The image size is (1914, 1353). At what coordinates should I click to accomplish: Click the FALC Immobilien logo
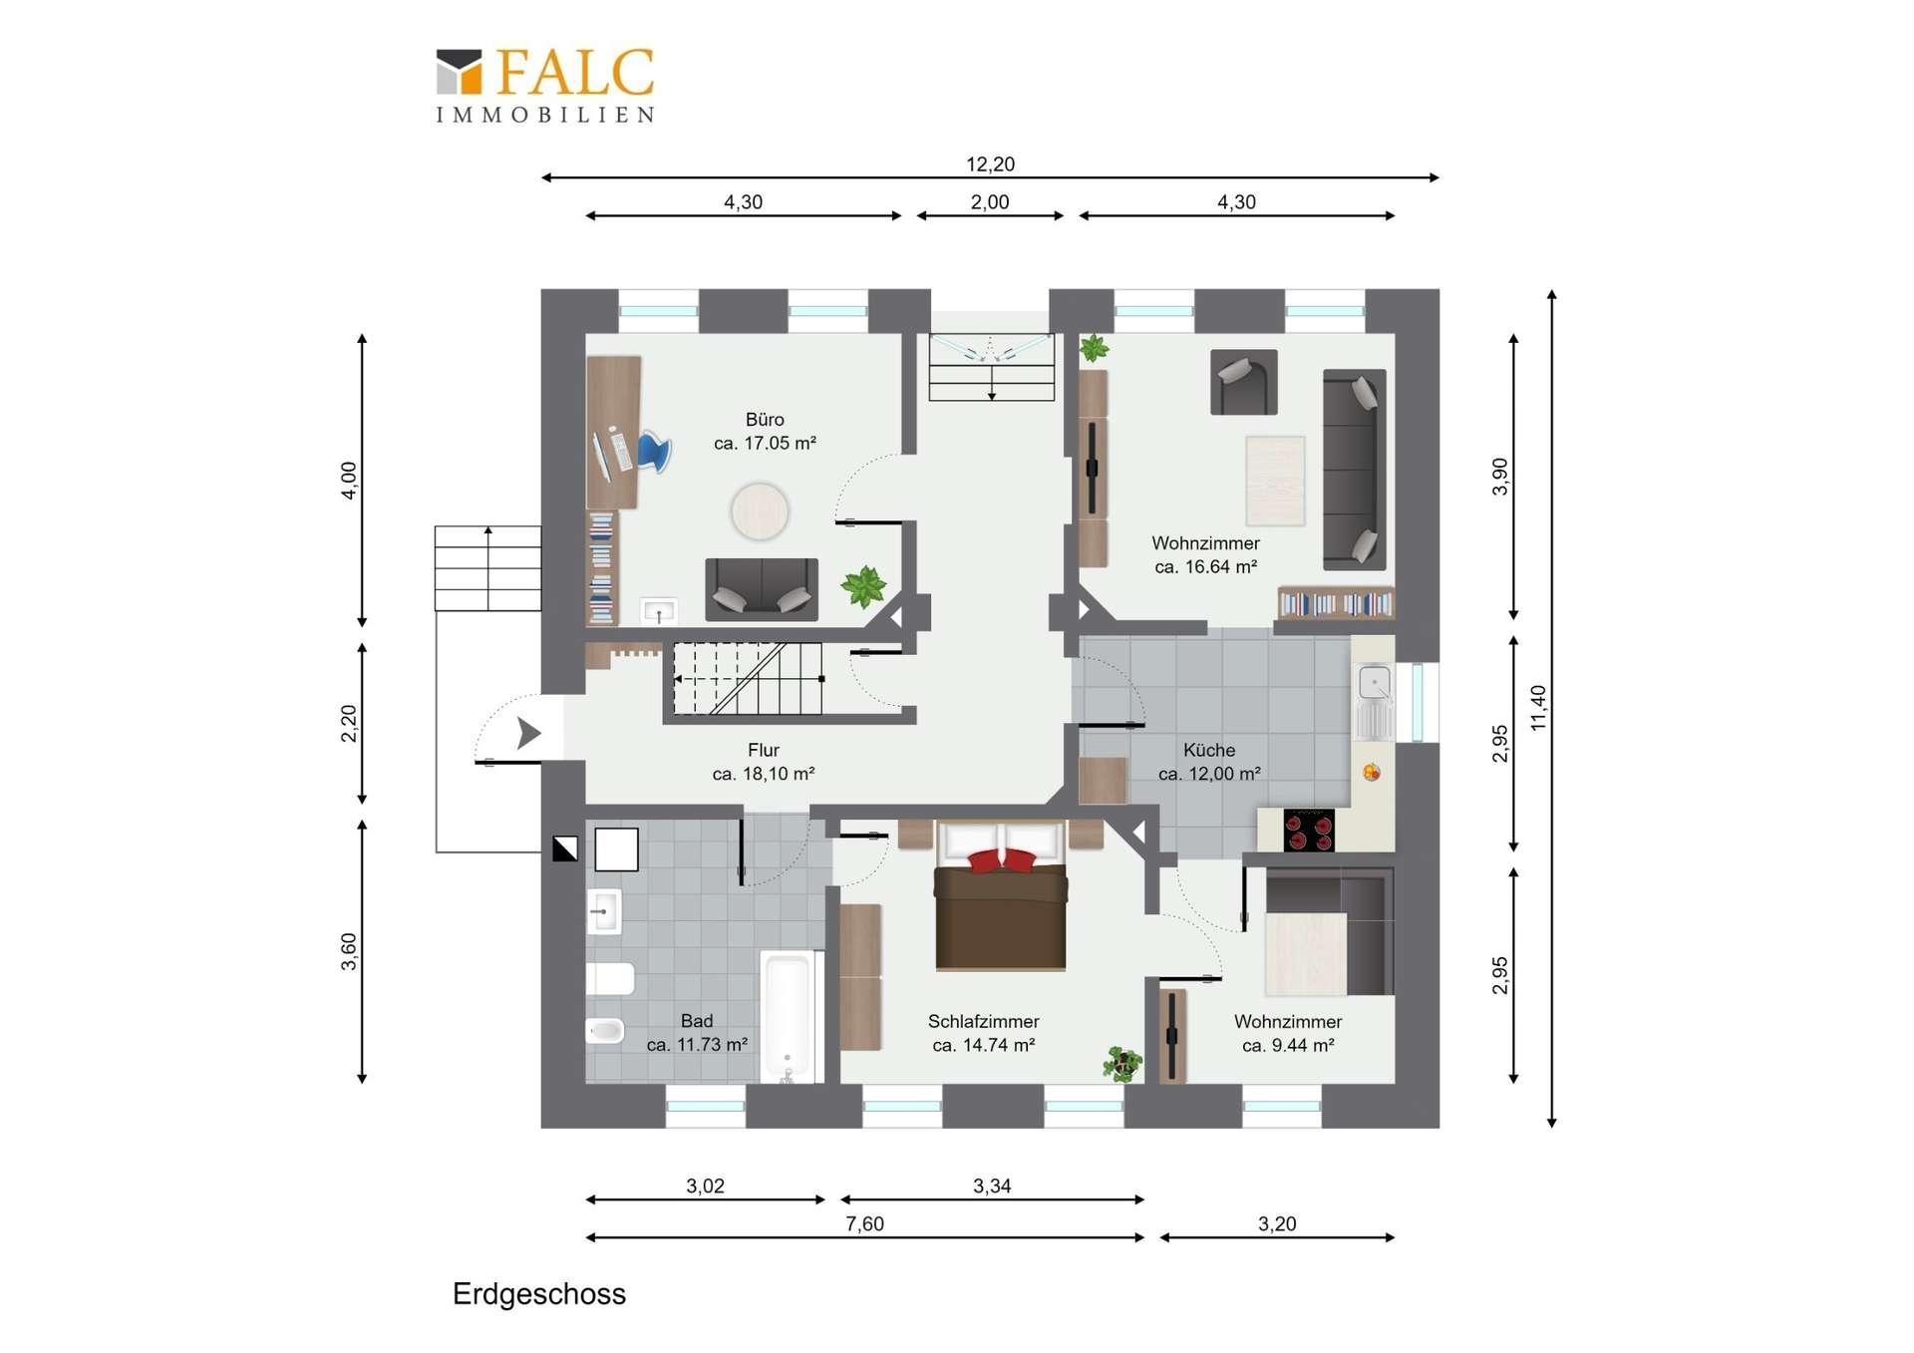[x=545, y=86]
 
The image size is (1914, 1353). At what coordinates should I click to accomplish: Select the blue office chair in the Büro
[x=653, y=452]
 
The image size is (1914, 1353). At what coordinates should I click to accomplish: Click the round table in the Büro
[x=760, y=511]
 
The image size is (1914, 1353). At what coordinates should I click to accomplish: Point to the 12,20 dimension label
[x=990, y=164]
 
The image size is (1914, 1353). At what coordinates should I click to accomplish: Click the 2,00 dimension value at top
[x=990, y=201]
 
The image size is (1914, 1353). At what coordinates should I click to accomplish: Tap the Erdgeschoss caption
[x=539, y=1294]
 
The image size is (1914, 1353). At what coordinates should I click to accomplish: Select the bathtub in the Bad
[x=788, y=1016]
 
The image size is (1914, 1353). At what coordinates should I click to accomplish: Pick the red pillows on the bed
[x=1003, y=860]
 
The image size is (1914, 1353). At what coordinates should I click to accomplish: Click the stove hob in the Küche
[x=1309, y=830]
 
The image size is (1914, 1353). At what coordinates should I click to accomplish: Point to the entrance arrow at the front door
[x=528, y=733]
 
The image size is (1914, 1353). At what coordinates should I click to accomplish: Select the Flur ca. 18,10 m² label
[x=764, y=762]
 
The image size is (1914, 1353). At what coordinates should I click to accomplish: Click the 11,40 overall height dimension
[x=1538, y=708]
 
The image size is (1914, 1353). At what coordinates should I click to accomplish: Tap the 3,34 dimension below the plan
[x=992, y=1185]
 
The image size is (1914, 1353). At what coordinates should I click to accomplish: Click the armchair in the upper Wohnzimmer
[x=1243, y=382]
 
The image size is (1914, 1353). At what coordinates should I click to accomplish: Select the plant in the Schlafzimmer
[x=1123, y=1064]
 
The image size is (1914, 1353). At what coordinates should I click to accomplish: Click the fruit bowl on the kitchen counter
[x=1372, y=772]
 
